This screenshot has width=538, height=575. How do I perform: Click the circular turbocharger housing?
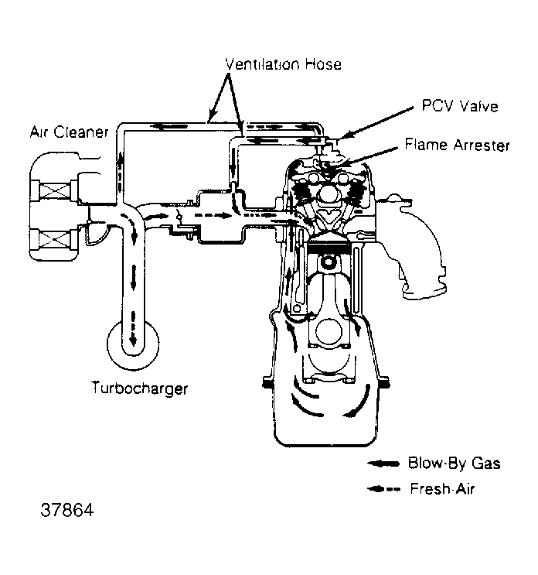132,344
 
